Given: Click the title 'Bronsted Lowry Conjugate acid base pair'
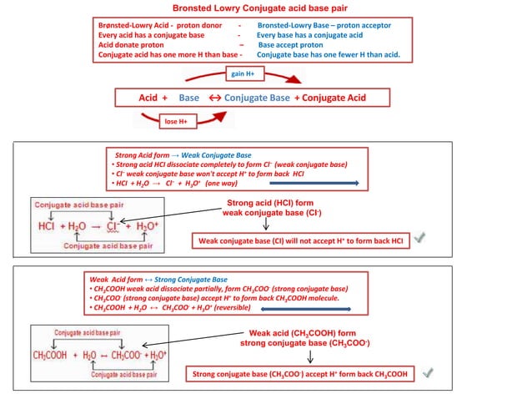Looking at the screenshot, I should coord(265,8).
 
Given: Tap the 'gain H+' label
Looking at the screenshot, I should coord(243,73).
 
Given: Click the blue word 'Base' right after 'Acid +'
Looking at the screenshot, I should coord(189,98).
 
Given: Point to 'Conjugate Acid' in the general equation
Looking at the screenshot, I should coord(334,98).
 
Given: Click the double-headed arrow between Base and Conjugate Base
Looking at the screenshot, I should coord(213,98).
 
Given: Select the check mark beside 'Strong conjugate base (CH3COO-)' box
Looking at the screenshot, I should coord(427,373).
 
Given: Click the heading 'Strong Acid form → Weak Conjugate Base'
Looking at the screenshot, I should coord(183,155).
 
